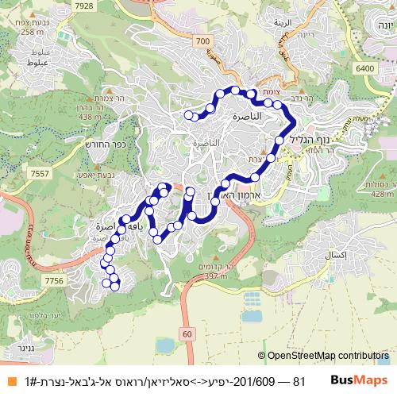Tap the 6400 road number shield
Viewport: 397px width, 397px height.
365,69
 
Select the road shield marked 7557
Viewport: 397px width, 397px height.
37,172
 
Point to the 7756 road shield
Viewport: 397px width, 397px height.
54,281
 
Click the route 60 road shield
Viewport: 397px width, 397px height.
187,335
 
